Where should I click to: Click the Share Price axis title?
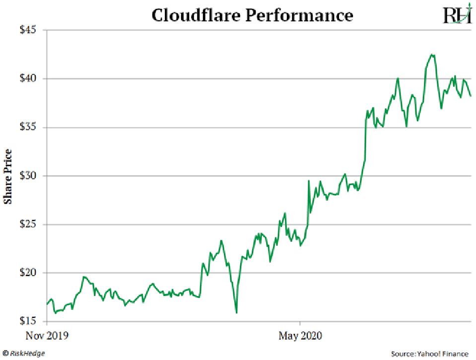pyautogui.click(x=8, y=176)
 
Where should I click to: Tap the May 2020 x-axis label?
pyautogui.click(x=300, y=336)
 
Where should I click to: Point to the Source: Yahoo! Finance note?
pyautogui.click(x=429, y=354)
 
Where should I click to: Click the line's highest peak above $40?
pyautogui.click(x=432, y=55)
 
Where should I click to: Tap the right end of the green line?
pyautogui.click(x=470, y=96)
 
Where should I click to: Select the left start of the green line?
pyautogui.click(x=47, y=304)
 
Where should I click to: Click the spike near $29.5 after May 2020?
pyautogui.click(x=309, y=181)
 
